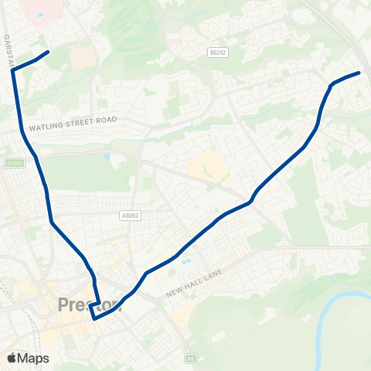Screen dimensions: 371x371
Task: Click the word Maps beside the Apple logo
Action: (34, 358)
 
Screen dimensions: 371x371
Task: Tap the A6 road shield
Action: (190, 359)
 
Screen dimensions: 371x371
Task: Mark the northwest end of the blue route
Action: (49, 52)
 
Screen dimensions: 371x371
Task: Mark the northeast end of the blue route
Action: (359, 73)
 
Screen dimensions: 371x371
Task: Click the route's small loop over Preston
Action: (95, 309)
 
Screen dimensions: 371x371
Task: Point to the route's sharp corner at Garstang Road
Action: (13, 70)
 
